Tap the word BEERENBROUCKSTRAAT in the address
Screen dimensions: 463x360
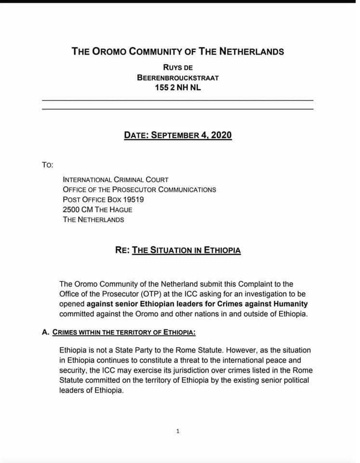point(177,77)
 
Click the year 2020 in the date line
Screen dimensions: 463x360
point(221,135)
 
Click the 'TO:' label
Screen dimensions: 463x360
point(48,165)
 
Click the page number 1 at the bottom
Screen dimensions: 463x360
point(178,431)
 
